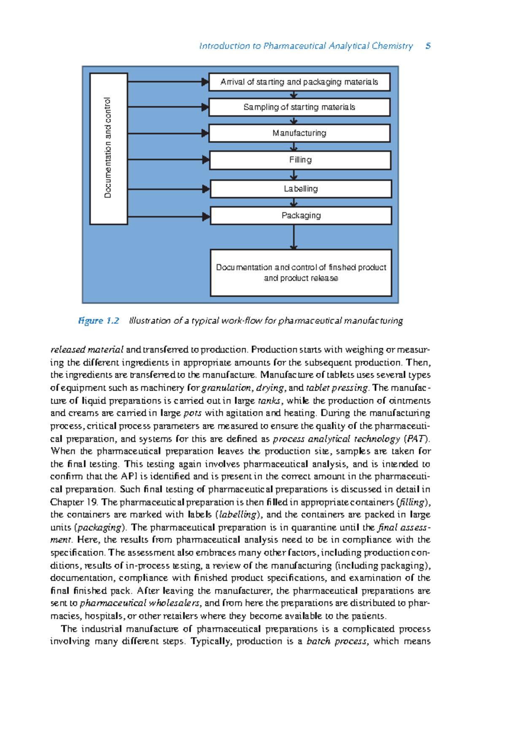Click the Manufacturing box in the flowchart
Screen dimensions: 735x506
[x=299, y=133]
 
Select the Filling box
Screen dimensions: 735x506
[x=300, y=160]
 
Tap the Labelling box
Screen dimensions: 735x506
[x=301, y=189]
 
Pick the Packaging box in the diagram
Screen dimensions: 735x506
[x=301, y=215]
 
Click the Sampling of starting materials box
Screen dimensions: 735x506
[x=299, y=107]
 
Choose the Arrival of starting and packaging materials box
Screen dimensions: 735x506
[x=299, y=82]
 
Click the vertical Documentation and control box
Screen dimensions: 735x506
[x=108, y=148]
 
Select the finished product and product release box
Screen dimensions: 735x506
[x=301, y=272]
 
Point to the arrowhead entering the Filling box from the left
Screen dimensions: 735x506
[x=206, y=160]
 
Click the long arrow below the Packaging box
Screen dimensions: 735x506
[x=294, y=237]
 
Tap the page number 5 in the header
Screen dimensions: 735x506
[x=428, y=46]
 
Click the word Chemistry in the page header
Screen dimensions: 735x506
[x=392, y=46]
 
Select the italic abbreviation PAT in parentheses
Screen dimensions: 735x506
[x=415, y=439]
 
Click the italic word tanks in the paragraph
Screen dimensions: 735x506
[x=269, y=401]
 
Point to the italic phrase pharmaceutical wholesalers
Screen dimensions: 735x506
[x=140, y=603]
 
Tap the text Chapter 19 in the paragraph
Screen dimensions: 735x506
[x=74, y=502]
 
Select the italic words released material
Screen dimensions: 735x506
[x=87, y=350]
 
